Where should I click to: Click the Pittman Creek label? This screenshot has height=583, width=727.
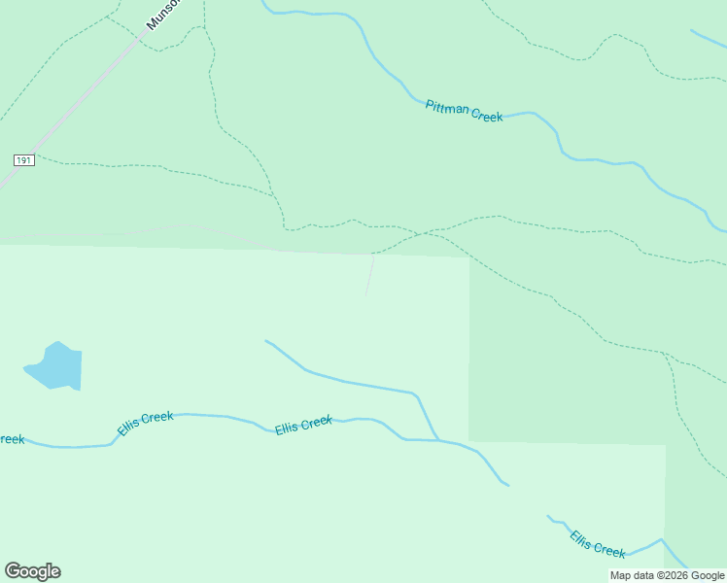464,111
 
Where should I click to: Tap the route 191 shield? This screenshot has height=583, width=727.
24,159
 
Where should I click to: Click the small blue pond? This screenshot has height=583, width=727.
56,366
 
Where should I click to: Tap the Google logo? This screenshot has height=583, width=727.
32,571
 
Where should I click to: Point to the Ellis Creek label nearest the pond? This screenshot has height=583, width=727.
145,423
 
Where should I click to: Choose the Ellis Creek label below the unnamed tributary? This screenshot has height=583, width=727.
303,425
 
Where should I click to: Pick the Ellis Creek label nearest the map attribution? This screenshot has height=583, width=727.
598,544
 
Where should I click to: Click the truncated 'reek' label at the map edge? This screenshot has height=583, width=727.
11,439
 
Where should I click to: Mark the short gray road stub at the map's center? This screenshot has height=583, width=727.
369,275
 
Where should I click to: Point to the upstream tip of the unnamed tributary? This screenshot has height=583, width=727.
266,341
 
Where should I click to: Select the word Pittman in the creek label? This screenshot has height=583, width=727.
447,107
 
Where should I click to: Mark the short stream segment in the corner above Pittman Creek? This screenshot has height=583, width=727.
708,39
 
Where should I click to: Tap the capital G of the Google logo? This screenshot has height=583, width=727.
13,571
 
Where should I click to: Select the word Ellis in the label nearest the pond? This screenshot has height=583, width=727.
130,427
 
